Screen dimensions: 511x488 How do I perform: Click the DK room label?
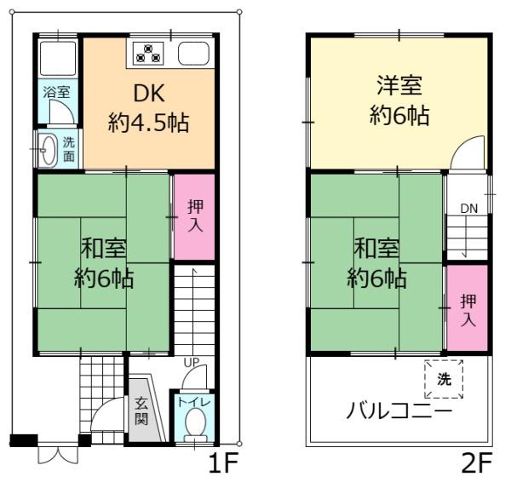tap(148, 93)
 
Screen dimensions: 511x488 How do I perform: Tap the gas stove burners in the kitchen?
tap(148, 54)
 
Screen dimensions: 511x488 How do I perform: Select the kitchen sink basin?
tap(193, 54)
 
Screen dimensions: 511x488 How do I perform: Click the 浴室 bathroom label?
tap(57, 92)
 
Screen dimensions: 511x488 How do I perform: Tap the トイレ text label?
tap(194, 402)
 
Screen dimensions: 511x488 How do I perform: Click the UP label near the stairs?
tap(192, 362)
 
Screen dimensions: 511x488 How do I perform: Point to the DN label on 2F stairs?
tap(469, 209)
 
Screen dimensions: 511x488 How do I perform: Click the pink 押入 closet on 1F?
tap(194, 217)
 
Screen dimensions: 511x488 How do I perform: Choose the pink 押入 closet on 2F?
tap(468, 308)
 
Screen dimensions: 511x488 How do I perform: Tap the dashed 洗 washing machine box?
tap(444, 379)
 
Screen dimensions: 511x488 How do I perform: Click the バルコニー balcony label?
tap(399, 410)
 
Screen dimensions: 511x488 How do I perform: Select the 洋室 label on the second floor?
tap(399, 85)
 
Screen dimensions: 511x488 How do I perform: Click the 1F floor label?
tap(223, 463)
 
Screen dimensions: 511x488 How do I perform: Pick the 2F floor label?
tap(477, 463)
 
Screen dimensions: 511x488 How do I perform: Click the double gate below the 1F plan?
tap(58, 455)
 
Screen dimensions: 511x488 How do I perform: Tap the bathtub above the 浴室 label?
tap(58, 59)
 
